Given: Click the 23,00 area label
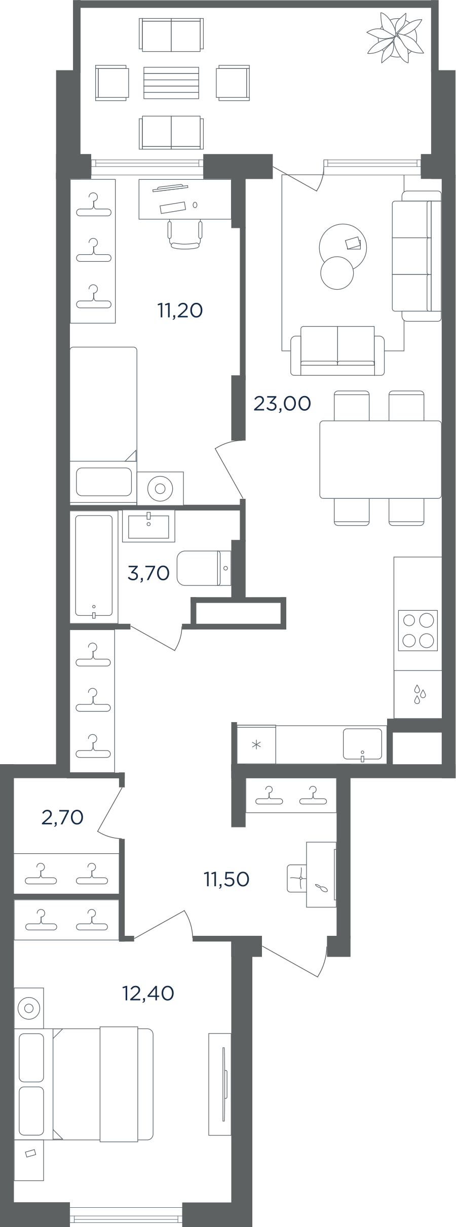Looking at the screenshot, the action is tap(282, 404).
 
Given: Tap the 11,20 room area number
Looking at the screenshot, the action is tap(180, 310).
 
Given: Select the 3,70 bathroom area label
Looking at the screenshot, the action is tap(148, 573).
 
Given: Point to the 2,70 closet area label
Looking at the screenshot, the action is tap(62, 817).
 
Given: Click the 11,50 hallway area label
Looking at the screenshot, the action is tap(226, 880).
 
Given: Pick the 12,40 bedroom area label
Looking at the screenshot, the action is tap(148, 994).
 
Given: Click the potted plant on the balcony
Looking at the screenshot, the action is tap(395, 38).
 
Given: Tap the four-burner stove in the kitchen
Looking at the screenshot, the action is tap(418, 630).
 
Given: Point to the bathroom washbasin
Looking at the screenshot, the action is tap(148, 526).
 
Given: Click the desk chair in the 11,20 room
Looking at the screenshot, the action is tap(185, 234).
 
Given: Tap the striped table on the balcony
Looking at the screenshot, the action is tap(171, 83).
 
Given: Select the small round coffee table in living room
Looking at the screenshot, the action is tap(337, 273).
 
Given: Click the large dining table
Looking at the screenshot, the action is tap(381, 459).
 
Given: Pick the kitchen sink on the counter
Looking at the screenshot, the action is tap(362, 744).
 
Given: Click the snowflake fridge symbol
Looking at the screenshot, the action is tap(256, 744).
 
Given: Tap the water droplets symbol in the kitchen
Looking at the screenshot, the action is tap(420, 694).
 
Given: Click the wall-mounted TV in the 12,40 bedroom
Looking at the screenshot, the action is tap(220, 1104).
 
